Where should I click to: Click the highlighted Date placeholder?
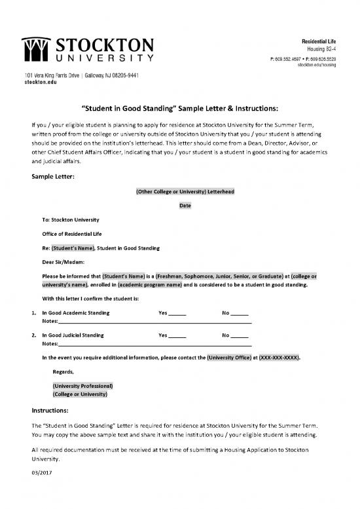(185, 205)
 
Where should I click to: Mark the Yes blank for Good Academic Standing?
(177, 314)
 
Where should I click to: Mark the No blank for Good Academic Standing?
(239, 314)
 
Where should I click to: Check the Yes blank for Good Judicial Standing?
(177, 335)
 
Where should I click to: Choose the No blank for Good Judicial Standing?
(239, 335)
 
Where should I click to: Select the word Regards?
(63, 372)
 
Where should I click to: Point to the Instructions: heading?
(54, 411)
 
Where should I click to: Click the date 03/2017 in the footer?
(41, 472)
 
